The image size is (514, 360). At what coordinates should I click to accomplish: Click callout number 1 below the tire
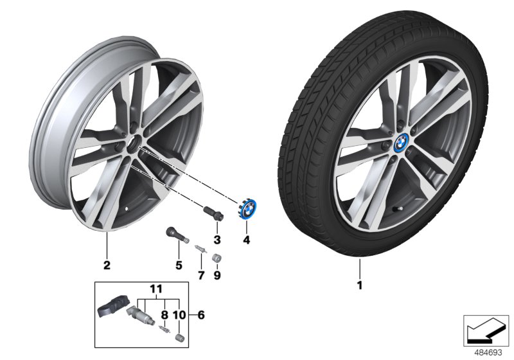[360, 284]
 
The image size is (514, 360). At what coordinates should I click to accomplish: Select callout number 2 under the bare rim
[107, 264]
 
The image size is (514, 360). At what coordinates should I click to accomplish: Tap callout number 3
[217, 240]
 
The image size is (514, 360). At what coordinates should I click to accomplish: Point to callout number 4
[245, 240]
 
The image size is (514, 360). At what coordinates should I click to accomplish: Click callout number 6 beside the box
[201, 315]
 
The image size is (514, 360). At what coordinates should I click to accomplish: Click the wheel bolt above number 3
[213, 213]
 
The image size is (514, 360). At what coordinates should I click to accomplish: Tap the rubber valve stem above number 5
[175, 234]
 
